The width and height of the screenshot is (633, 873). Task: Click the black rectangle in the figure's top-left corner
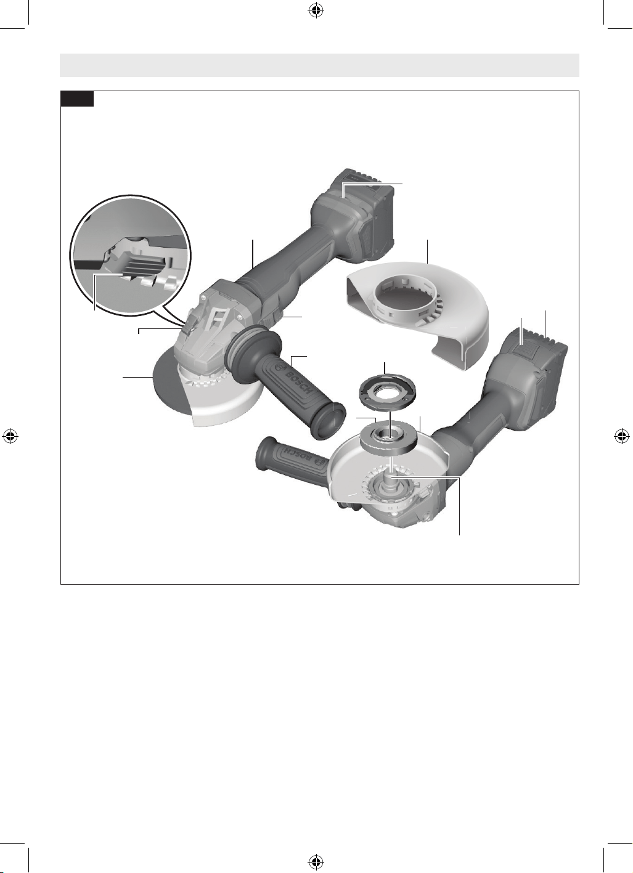[77, 99]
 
